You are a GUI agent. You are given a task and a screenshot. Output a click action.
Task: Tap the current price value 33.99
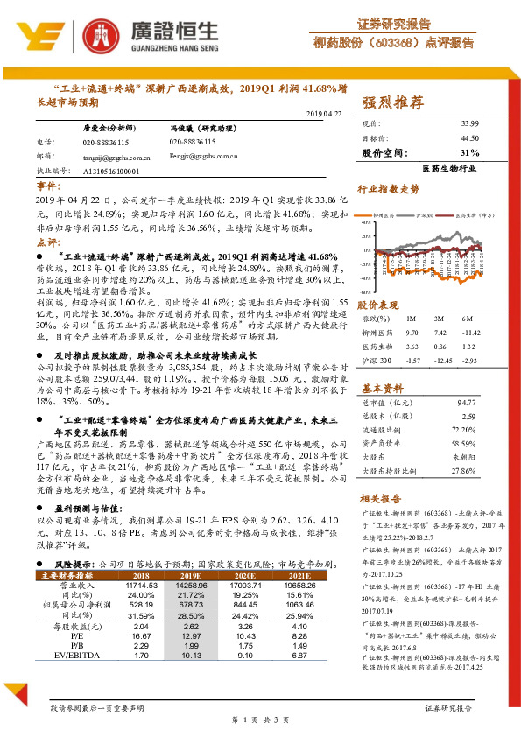(x=468, y=124)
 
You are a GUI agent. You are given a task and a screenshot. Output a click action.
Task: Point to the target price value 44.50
(x=468, y=137)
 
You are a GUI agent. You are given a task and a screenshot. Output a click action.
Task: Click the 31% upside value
(x=468, y=152)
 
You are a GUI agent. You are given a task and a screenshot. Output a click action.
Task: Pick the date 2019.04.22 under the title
(x=323, y=114)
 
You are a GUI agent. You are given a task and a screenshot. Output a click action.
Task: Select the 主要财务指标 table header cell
(x=67, y=575)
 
